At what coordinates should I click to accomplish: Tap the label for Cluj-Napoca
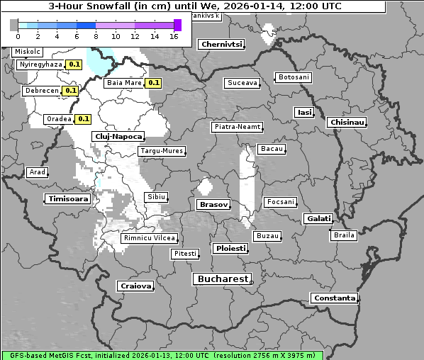(x=118, y=136)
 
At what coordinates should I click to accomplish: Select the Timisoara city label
(x=69, y=199)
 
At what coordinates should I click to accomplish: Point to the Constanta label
(x=335, y=298)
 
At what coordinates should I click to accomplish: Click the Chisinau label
(x=347, y=123)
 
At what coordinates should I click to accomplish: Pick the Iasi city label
(x=304, y=112)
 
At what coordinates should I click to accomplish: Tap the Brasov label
(x=213, y=204)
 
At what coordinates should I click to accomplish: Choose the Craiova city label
(x=135, y=286)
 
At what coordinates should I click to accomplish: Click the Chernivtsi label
(x=221, y=44)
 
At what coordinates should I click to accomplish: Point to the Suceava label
(x=242, y=83)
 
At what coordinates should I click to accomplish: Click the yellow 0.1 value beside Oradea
(x=84, y=119)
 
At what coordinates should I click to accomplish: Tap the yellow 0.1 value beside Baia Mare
(x=154, y=83)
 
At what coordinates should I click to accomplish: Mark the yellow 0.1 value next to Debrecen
(x=70, y=91)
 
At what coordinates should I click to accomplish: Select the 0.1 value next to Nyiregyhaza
(x=74, y=64)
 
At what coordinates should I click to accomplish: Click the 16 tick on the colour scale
(x=174, y=35)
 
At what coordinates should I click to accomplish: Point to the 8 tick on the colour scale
(x=96, y=35)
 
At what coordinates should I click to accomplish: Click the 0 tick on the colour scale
(x=18, y=35)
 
